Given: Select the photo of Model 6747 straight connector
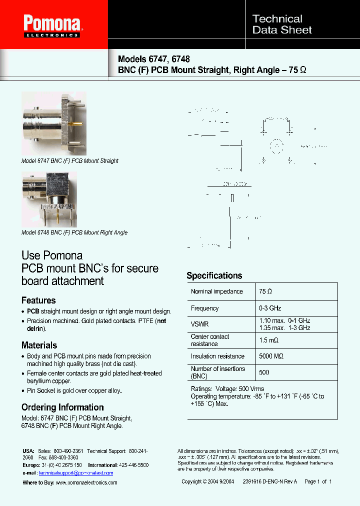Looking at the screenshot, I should click(x=54, y=123).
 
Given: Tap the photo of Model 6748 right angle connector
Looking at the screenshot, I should click(x=49, y=199).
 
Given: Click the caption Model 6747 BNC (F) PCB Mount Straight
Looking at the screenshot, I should click(x=70, y=161).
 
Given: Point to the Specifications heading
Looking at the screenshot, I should click(x=214, y=275).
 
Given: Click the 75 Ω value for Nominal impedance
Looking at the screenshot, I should click(x=265, y=291).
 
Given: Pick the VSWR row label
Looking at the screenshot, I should click(x=199, y=324).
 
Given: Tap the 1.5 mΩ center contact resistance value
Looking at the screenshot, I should click(x=269, y=340).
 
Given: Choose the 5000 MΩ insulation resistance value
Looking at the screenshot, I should click(x=271, y=356).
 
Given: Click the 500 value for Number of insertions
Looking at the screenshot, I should click(x=264, y=372).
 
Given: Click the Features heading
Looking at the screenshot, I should click(x=38, y=300).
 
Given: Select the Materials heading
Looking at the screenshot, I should click(x=39, y=345).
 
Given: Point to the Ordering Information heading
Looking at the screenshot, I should click(x=62, y=407).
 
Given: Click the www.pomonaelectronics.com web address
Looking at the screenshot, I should click(x=86, y=482).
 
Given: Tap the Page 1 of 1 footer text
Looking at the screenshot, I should click(x=318, y=481).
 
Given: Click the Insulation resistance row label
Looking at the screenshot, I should click(x=217, y=356).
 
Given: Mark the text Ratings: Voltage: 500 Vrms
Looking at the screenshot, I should click(x=227, y=388).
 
